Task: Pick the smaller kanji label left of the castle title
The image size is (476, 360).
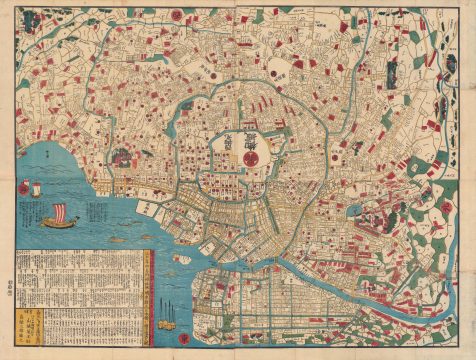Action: tap(226, 146)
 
